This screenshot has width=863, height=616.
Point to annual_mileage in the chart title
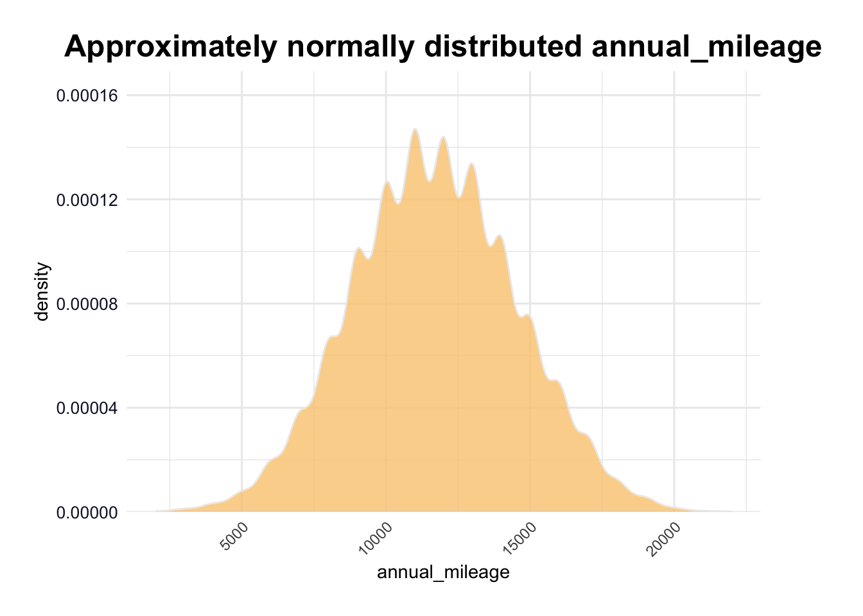click(x=706, y=47)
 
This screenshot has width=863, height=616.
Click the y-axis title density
click(x=42, y=291)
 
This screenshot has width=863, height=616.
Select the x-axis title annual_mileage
click(x=443, y=572)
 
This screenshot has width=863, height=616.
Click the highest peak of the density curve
click(x=415, y=130)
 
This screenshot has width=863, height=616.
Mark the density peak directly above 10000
click(x=387, y=182)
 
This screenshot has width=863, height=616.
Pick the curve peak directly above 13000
click(x=471, y=164)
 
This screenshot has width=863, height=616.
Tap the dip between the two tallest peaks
click(x=430, y=182)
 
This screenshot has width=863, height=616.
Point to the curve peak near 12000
click(x=443, y=137)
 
